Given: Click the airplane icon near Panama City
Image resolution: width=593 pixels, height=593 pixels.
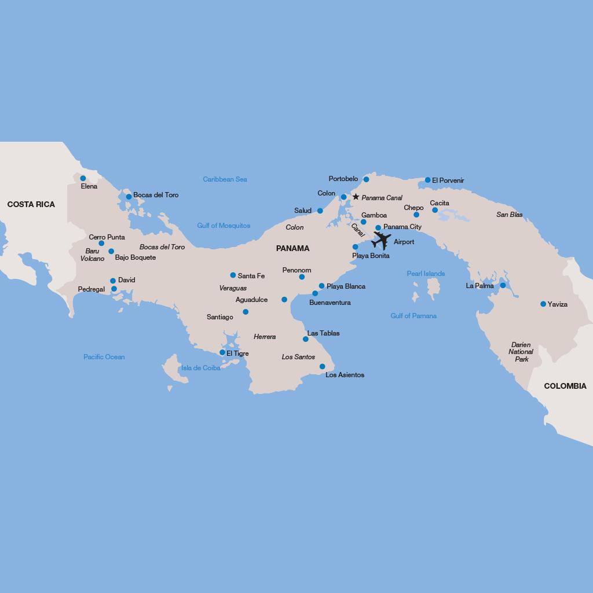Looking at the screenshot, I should click(382, 240).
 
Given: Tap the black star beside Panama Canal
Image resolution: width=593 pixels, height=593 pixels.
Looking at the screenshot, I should click(356, 197).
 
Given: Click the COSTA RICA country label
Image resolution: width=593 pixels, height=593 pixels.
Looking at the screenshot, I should click(31, 204).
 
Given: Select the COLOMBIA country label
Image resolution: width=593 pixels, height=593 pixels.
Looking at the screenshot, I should click(565, 386).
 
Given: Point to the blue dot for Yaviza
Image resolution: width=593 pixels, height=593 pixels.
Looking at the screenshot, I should click(543, 304).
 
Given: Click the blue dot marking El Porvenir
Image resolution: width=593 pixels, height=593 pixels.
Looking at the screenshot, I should click(428, 180).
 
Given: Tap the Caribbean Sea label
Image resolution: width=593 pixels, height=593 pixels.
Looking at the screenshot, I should click(225, 179).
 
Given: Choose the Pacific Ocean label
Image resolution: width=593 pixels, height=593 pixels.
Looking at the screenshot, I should click(104, 357).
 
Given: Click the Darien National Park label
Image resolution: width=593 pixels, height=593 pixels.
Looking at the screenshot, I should click(521, 352).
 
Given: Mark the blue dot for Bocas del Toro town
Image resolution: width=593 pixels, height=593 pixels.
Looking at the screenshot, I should click(129, 197).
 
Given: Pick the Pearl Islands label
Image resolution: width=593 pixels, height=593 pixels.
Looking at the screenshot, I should click(426, 274).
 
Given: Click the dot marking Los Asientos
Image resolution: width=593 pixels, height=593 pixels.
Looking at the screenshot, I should click(323, 366).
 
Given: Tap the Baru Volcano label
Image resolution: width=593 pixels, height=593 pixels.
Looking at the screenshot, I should click(92, 255).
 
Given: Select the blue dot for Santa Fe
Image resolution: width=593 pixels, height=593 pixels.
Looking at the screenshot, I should click(233, 275).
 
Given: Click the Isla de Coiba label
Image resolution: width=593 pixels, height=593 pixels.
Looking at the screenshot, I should click(200, 368).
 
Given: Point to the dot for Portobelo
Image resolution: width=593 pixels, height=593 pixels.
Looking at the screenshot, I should click(366, 179).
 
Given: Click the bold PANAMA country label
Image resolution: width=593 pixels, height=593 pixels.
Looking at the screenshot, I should click(292, 248).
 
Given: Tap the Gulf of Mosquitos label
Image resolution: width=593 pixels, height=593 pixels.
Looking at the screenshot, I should click(224, 226).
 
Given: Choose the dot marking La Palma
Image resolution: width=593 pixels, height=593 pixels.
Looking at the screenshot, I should click(503, 285).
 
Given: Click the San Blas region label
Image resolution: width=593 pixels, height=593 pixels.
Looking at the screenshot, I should click(510, 215).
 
